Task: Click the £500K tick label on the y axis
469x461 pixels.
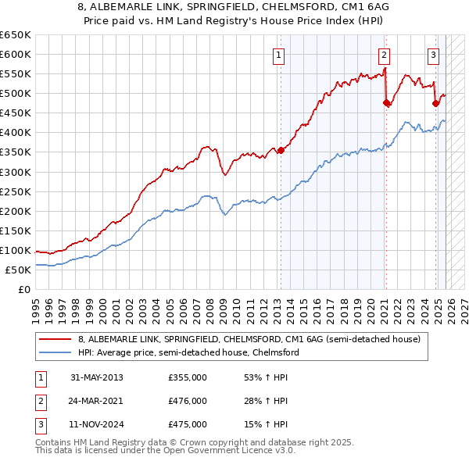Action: pyautogui.click(x=15, y=93)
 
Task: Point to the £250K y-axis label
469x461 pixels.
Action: pyautogui.click(x=15, y=191)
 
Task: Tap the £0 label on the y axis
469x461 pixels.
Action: pyautogui.click(x=23, y=289)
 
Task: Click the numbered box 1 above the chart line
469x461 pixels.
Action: pyautogui.click(x=279, y=55)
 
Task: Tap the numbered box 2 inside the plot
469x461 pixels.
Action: pyautogui.click(x=385, y=55)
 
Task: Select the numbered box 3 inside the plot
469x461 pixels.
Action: pyautogui.click(x=434, y=55)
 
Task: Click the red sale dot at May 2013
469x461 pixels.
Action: pyautogui.click(x=281, y=150)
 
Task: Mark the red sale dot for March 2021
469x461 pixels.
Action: pyautogui.click(x=385, y=102)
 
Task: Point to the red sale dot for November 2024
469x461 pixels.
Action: pyautogui.click(x=435, y=102)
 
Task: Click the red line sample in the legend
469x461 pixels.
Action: pyautogui.click(x=56, y=339)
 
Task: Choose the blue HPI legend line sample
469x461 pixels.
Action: pyautogui.click(x=56, y=352)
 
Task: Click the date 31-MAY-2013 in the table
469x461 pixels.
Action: pyautogui.click(x=96, y=377)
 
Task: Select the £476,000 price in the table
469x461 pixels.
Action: pyautogui.click(x=188, y=401)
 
